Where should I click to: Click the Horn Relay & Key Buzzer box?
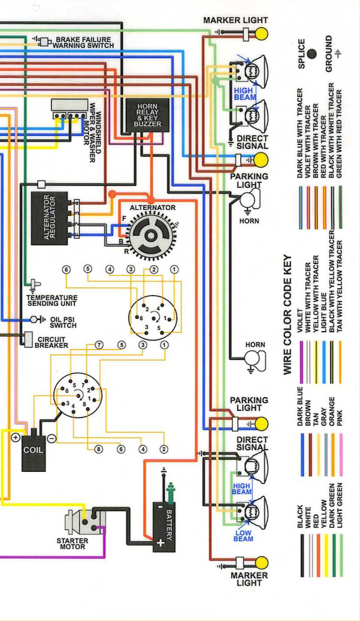(x=147, y=115)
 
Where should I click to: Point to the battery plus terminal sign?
(x=159, y=542)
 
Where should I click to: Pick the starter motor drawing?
(x=85, y=522)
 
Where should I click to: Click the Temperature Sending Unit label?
(x=51, y=300)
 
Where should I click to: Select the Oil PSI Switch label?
(x=62, y=322)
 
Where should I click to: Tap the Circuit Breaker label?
(x=53, y=342)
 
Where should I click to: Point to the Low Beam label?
(x=243, y=536)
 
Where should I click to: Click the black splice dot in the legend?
(x=312, y=54)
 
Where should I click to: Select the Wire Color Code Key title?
(x=288, y=314)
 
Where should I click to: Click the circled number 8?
(x=99, y=449)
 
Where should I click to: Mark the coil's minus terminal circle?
(x=51, y=438)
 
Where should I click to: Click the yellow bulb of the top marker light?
(x=262, y=34)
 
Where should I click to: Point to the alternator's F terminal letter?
(x=124, y=219)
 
